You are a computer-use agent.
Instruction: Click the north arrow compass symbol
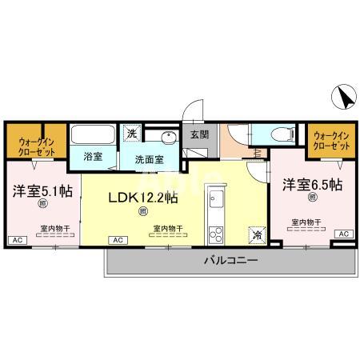tap(342, 98)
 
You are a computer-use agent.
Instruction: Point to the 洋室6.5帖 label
tap(313, 185)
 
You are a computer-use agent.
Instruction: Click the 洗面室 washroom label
tap(149, 158)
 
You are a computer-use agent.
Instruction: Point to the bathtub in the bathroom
tap(93, 134)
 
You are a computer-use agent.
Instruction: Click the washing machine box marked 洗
tap(130, 134)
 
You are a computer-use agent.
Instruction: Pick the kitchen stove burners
tap(216, 234)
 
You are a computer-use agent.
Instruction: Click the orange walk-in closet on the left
tap(34, 142)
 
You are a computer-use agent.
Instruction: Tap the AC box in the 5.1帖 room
tap(15, 239)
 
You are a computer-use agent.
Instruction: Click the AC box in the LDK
tap(118, 239)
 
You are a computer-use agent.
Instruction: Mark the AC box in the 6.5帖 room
tap(343, 233)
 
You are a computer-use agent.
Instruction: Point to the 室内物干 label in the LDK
tap(167, 228)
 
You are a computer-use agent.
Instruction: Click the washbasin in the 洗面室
tap(168, 136)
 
